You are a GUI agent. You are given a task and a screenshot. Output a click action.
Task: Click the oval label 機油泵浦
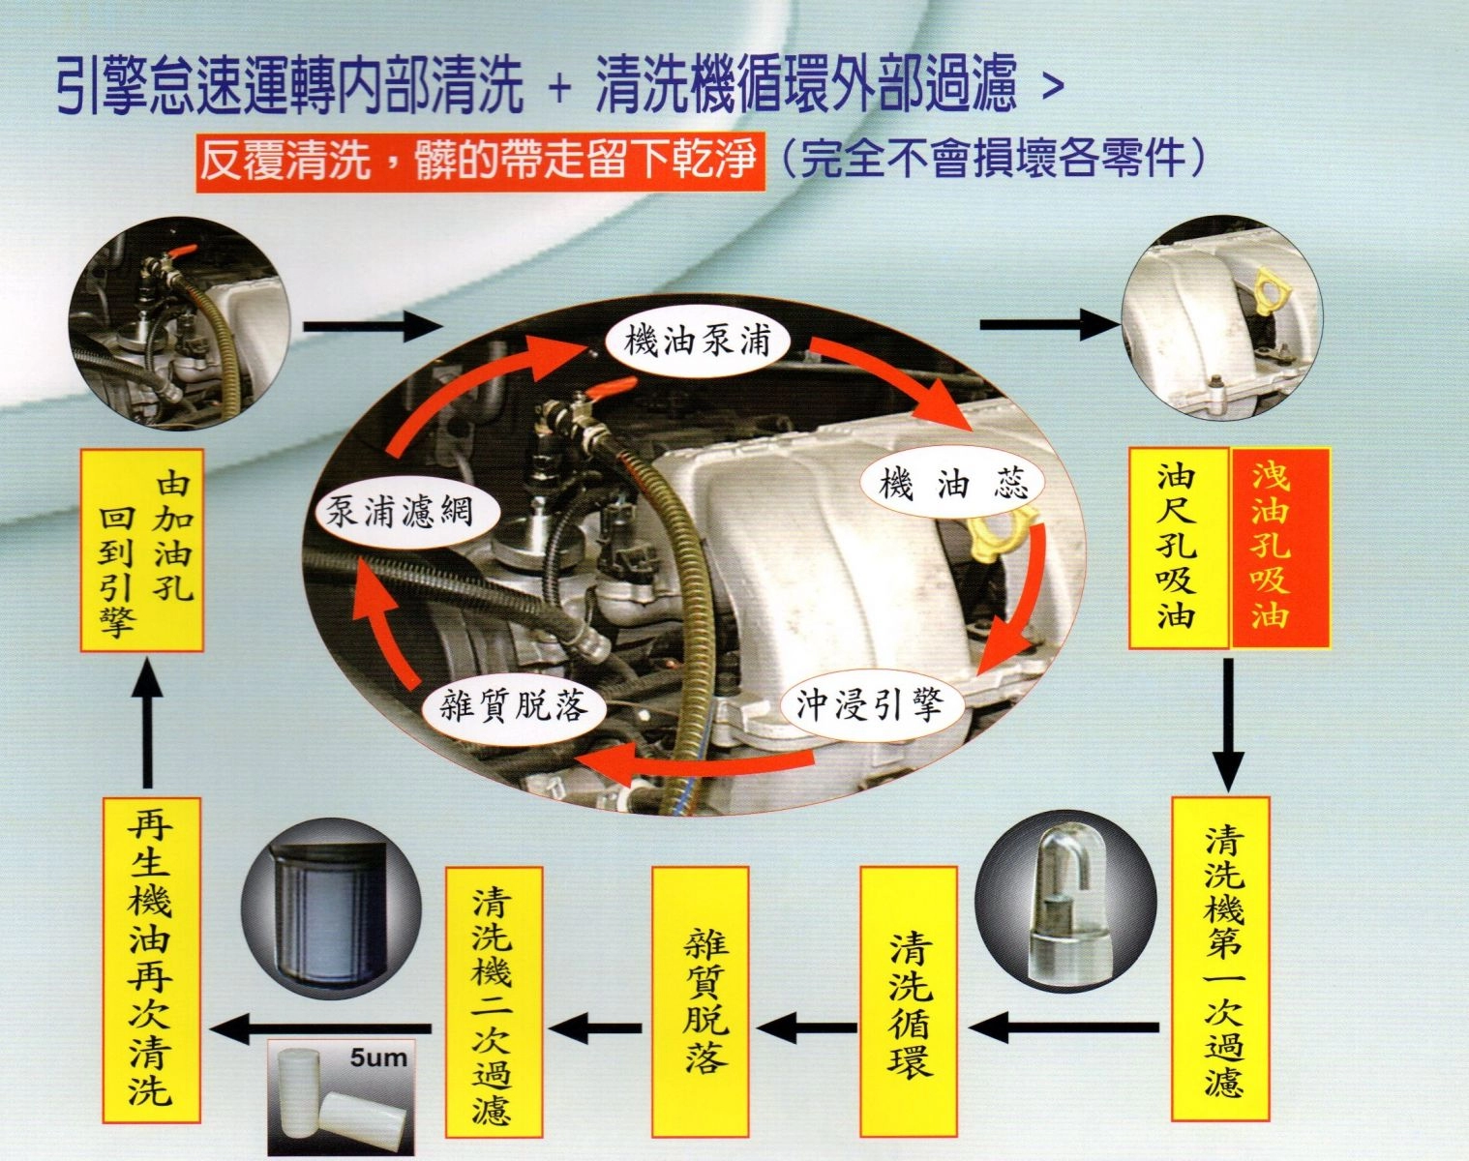click(x=698, y=340)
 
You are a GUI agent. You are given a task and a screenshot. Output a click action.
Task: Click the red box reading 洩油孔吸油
click(x=1280, y=548)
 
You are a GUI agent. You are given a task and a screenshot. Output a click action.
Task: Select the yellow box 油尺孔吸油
click(x=1179, y=548)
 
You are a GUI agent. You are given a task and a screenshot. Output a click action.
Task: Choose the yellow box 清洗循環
click(x=909, y=1002)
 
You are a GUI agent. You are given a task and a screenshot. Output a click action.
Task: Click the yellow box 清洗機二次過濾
click(x=495, y=1002)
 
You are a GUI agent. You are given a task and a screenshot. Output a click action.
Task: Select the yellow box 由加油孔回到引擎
click(x=142, y=551)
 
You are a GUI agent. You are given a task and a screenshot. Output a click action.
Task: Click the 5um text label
click(x=378, y=1058)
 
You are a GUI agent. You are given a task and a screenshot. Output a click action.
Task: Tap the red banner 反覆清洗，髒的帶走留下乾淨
click(x=480, y=161)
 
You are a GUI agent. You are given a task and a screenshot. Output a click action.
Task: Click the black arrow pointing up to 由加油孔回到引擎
click(x=147, y=726)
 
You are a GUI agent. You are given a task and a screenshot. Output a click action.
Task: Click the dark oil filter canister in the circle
click(x=330, y=915)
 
